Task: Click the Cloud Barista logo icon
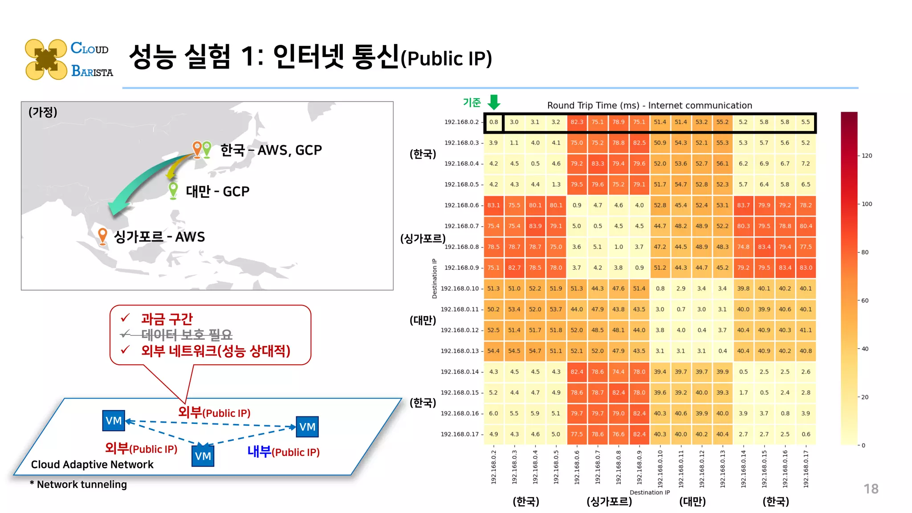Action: point(46,59)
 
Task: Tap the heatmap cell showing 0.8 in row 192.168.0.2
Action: point(493,122)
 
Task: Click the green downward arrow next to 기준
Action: point(494,102)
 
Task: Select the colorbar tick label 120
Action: point(867,156)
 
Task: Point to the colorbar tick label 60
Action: point(865,301)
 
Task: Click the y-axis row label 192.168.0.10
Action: point(460,289)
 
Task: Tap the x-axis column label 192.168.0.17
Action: point(806,468)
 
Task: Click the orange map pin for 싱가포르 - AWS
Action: point(102,235)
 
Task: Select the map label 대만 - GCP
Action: point(217,191)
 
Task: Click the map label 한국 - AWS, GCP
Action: point(271,150)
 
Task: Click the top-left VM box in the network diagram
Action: point(114,421)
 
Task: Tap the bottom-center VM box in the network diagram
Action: point(203,456)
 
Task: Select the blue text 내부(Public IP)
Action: point(283,452)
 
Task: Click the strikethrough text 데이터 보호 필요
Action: point(187,334)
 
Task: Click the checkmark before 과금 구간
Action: point(126,318)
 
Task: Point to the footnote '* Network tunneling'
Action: point(78,484)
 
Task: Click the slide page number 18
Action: point(871,489)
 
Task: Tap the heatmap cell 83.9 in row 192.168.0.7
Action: point(535,226)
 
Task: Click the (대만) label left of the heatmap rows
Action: point(423,320)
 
